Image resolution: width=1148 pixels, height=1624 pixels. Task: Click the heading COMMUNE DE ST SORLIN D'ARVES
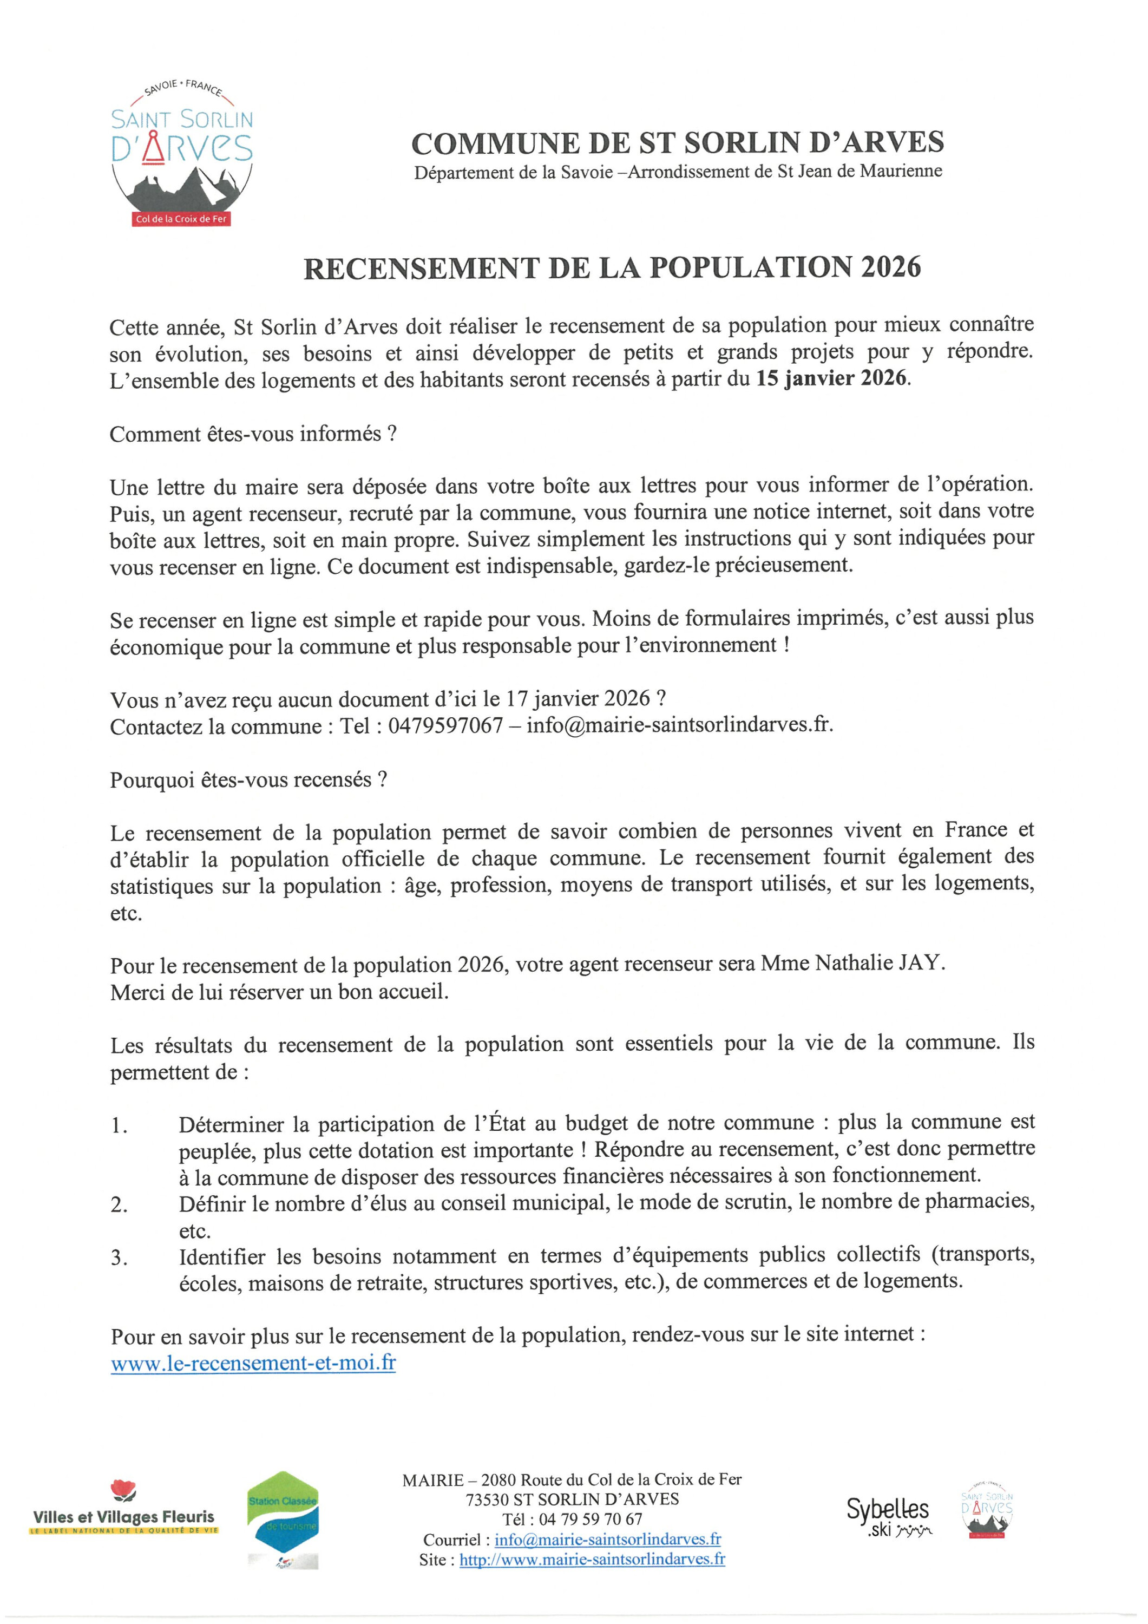coord(677,143)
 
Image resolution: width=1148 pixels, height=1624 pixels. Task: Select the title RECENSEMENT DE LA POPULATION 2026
coord(612,268)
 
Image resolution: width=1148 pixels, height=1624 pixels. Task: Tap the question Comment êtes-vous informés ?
coord(253,434)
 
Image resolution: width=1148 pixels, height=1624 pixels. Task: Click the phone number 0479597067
coord(445,726)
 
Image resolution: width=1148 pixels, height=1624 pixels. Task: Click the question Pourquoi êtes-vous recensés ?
coord(248,780)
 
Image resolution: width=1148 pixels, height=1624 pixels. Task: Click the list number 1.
coord(119,1125)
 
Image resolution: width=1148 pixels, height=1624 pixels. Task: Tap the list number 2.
coord(119,1204)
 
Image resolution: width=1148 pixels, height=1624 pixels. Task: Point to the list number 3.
coord(119,1258)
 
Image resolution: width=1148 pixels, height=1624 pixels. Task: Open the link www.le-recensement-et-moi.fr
coord(253,1363)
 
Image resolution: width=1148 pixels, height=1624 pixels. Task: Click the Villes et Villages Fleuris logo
coord(124,1511)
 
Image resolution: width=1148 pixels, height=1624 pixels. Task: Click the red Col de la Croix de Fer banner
coord(182,219)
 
